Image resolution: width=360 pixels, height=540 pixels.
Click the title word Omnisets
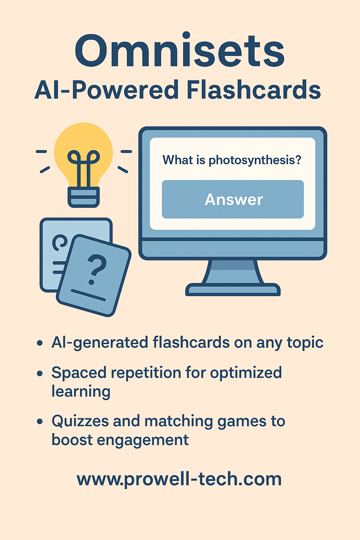180,50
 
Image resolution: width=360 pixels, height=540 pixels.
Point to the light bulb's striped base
83,197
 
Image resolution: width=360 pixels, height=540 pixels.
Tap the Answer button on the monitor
233,199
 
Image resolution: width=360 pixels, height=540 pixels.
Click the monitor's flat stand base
233,289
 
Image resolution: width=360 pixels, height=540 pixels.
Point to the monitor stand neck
233,271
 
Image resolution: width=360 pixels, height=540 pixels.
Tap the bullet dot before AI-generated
40,343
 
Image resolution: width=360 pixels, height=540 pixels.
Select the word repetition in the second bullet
146,373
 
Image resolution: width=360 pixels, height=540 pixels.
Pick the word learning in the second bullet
81,391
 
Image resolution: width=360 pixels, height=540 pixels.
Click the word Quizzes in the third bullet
81,421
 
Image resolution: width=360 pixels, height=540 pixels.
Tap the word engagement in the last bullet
143,441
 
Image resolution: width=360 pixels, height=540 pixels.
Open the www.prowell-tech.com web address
179,480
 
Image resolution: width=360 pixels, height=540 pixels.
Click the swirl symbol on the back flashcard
59,242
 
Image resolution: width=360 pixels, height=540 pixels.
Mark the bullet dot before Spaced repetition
40,373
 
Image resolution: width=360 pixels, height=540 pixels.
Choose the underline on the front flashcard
88,295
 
